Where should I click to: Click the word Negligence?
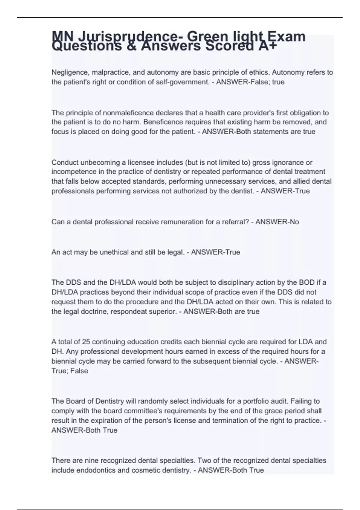tap(70, 73)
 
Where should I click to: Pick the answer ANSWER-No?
tap(277, 222)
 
